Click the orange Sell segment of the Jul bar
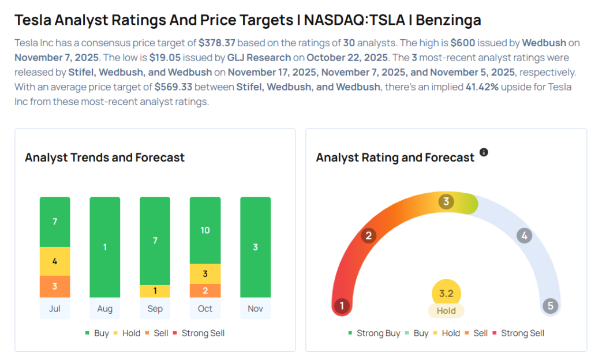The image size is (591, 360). (x=55, y=286)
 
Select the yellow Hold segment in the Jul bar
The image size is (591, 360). (x=55, y=261)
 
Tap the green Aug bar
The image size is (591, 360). (x=105, y=247)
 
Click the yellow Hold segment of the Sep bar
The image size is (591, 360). (x=155, y=291)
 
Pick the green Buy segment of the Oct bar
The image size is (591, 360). (x=205, y=230)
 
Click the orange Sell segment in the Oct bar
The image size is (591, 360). (x=205, y=290)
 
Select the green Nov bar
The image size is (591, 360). (x=255, y=247)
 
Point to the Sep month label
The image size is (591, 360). (x=155, y=309)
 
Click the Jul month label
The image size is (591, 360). (x=55, y=309)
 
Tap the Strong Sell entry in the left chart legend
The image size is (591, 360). (x=203, y=333)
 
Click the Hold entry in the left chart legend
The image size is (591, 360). (x=131, y=333)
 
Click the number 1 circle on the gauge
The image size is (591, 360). (x=342, y=305)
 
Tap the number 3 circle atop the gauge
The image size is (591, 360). (x=446, y=201)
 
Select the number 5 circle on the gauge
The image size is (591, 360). (x=550, y=305)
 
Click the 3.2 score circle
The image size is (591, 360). (x=446, y=293)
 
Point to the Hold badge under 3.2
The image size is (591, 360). (x=446, y=310)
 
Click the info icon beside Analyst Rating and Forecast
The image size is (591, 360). (x=484, y=152)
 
